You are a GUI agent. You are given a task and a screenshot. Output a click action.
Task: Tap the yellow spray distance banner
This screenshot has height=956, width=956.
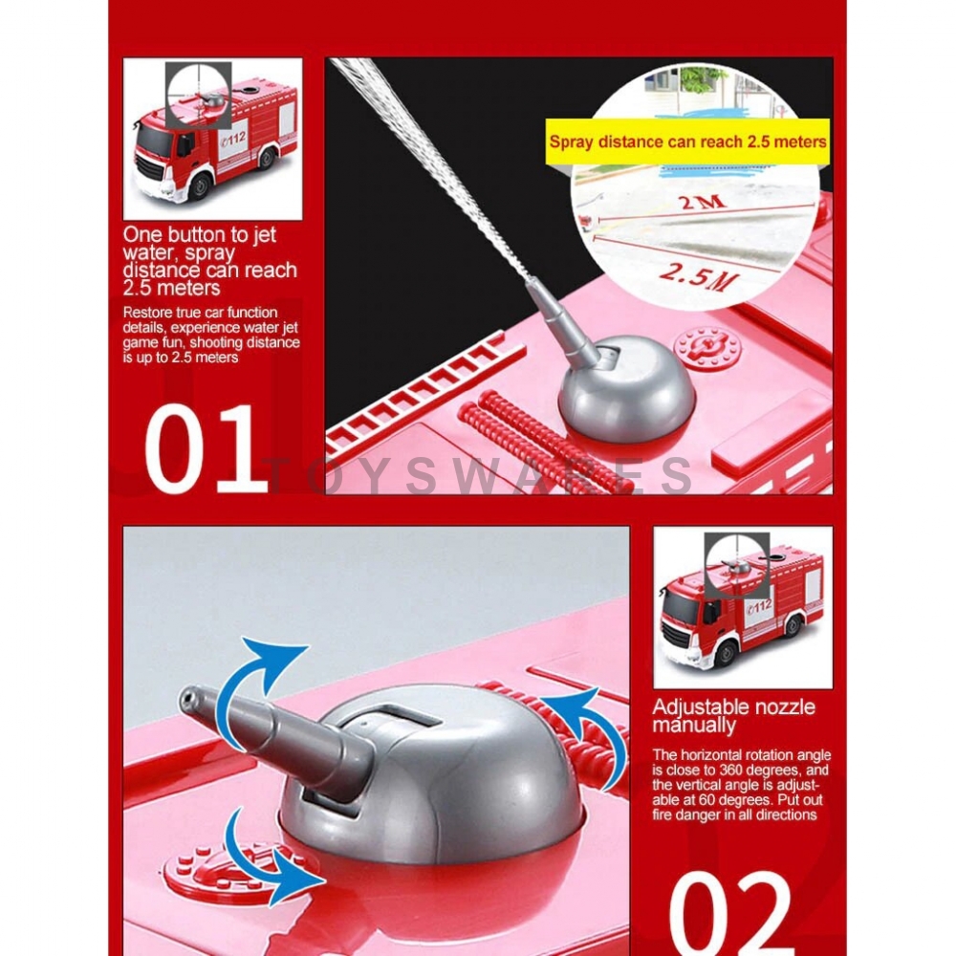tap(687, 141)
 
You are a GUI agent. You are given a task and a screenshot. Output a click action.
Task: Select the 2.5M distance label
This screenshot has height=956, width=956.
tap(699, 278)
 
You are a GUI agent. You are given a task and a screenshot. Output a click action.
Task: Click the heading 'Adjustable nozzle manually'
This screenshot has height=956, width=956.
tap(733, 716)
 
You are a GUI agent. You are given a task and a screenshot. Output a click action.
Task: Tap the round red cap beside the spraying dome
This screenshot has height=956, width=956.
tap(707, 347)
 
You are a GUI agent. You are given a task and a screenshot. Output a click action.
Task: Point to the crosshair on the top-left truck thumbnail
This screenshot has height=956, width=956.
tap(198, 95)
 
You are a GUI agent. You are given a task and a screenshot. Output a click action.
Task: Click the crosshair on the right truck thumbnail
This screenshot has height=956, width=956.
tap(737, 566)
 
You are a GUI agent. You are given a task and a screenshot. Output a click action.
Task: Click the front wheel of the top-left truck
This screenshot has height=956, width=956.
tap(200, 186)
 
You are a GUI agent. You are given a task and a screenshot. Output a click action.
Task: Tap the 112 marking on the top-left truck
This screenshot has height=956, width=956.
tap(233, 136)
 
